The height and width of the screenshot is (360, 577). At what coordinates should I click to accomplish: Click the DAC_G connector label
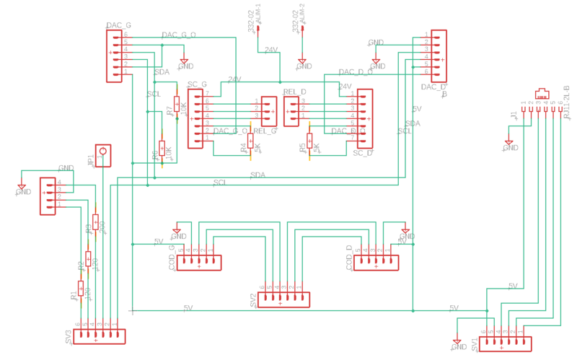[x=118, y=26]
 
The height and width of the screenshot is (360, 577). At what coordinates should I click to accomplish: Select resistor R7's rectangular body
[x=176, y=105]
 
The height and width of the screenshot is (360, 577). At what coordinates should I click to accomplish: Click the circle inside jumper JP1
[x=103, y=152]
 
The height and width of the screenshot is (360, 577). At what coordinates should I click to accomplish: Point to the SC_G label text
[x=197, y=85]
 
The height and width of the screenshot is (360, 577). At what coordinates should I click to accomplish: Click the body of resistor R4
[x=250, y=141]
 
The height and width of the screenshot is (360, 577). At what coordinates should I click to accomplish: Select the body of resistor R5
[x=309, y=141]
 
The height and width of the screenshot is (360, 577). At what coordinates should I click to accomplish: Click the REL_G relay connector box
[x=269, y=110]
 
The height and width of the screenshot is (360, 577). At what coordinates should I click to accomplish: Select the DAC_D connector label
[x=433, y=88]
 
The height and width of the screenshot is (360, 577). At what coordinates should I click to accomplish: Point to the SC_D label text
[x=363, y=153]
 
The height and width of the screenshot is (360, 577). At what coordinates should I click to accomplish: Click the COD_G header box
[x=200, y=263]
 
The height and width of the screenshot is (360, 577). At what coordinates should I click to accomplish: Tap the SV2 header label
[x=254, y=300]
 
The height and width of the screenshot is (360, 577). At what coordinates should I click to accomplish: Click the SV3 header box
[x=97, y=336]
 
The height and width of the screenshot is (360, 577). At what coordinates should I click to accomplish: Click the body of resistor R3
[x=95, y=221]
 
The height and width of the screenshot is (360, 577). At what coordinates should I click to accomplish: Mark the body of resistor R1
[x=81, y=287]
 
